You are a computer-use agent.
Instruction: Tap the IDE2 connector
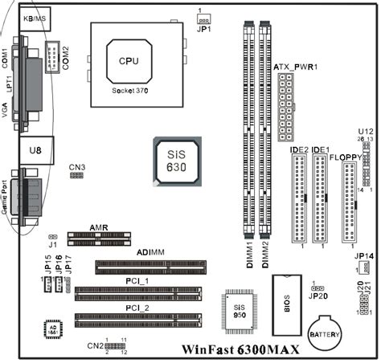[x=299, y=198]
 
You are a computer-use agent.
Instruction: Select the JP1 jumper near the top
[x=203, y=18]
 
